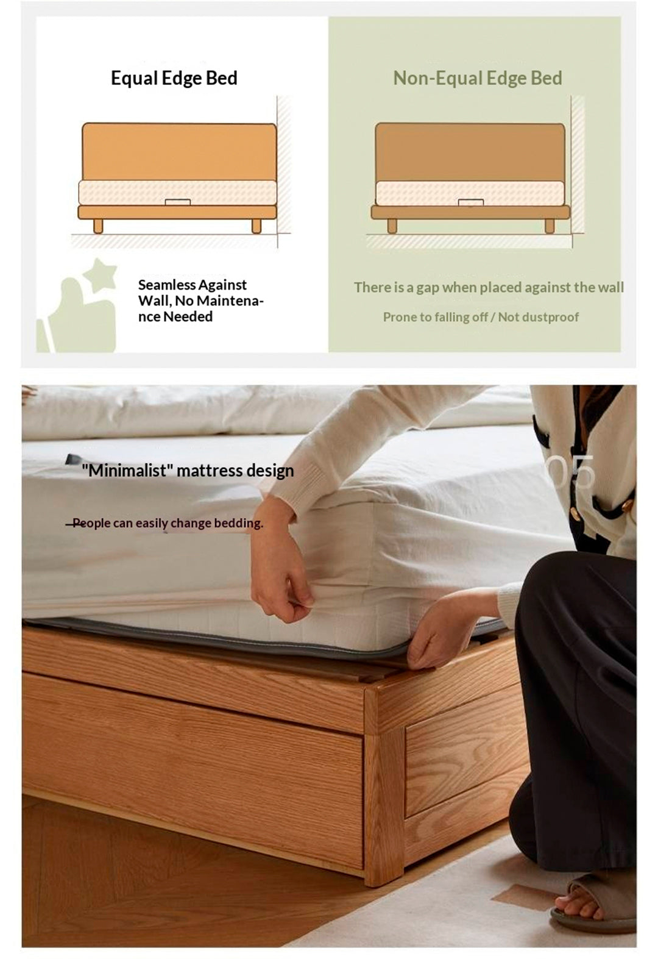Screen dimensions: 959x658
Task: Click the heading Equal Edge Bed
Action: point(174,78)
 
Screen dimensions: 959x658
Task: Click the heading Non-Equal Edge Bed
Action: point(477,78)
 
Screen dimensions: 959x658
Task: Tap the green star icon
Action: point(101,274)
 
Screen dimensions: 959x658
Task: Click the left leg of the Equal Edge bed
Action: point(98,226)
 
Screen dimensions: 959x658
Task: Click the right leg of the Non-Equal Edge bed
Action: point(550,226)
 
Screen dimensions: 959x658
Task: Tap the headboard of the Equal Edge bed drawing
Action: point(179,151)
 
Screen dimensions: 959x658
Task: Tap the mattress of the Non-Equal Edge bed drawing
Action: point(470,193)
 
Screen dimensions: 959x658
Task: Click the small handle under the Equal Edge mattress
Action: point(178,202)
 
